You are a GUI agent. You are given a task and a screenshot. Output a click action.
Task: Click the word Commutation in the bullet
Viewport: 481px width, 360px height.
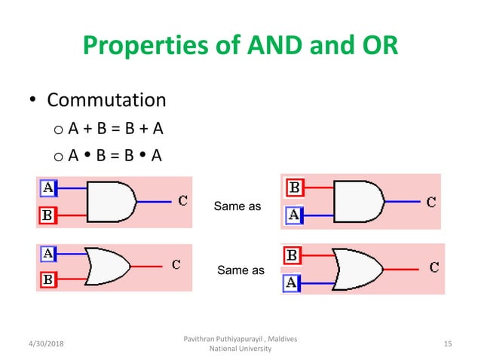pos(106,99)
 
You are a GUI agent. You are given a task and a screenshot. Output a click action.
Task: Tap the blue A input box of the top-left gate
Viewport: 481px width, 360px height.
pos(47,187)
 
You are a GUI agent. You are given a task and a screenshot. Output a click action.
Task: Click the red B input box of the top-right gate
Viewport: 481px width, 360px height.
pos(294,187)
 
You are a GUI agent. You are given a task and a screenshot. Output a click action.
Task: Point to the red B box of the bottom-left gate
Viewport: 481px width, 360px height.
pos(47,280)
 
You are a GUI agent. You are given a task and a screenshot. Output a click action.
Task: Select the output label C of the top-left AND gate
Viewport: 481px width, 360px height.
pos(183,200)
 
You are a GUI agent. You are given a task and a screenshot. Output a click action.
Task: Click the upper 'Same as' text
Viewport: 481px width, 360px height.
pos(238,206)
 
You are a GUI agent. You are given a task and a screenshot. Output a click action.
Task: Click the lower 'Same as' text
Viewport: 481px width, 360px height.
pos(240,269)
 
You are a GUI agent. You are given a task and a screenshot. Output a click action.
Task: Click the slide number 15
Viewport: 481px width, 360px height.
pos(448,344)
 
